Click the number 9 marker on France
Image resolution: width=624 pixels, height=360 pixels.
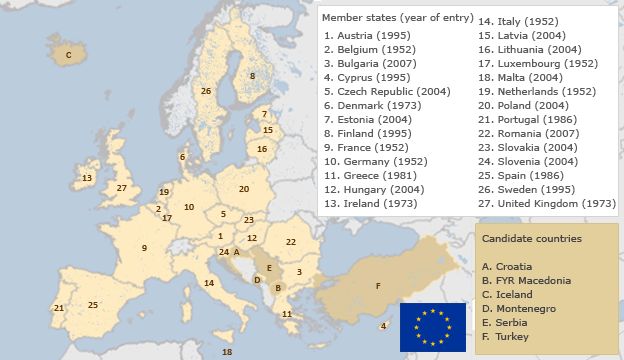point(144,248)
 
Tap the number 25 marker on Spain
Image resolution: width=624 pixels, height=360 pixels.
point(93,305)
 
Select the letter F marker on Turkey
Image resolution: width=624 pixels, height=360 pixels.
point(377,286)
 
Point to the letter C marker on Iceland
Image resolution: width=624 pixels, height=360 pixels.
point(68,56)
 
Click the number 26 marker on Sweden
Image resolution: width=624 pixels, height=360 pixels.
point(205,91)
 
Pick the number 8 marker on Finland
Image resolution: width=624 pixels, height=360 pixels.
point(252,76)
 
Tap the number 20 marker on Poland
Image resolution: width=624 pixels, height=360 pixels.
point(243,188)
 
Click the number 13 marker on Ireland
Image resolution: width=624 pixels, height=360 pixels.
point(87,178)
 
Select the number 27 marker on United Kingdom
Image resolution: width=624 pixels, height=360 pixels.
point(121,188)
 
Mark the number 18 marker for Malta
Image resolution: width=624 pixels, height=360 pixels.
point(227,352)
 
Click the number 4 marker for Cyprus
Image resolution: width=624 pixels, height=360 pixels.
point(384,326)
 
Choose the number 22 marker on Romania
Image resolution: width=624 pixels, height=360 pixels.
point(291,242)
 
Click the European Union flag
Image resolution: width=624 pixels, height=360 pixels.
point(433,326)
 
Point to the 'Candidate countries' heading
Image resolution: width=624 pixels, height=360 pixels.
point(531,239)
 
